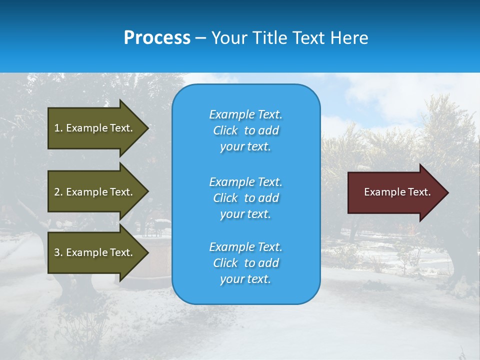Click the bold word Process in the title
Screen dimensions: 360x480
pos(157,38)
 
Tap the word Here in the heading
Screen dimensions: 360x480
pos(350,38)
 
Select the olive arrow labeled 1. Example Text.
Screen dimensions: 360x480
pos(95,128)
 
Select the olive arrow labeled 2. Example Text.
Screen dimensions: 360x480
pos(95,192)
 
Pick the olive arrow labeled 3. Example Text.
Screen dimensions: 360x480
pos(95,252)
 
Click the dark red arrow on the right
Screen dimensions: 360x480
pos(395,192)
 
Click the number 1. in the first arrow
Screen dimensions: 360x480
pos(58,128)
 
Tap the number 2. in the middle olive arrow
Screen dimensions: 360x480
pos(58,192)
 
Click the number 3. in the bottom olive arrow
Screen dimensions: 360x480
pos(58,252)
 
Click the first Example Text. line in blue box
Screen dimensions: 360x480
pos(245,114)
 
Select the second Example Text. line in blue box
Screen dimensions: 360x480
pos(245,181)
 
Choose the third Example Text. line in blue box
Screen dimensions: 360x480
pos(245,247)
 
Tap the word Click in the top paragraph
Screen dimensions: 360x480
pos(225,130)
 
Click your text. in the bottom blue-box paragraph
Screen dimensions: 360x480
pos(245,279)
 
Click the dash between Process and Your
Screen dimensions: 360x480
pos(200,38)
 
